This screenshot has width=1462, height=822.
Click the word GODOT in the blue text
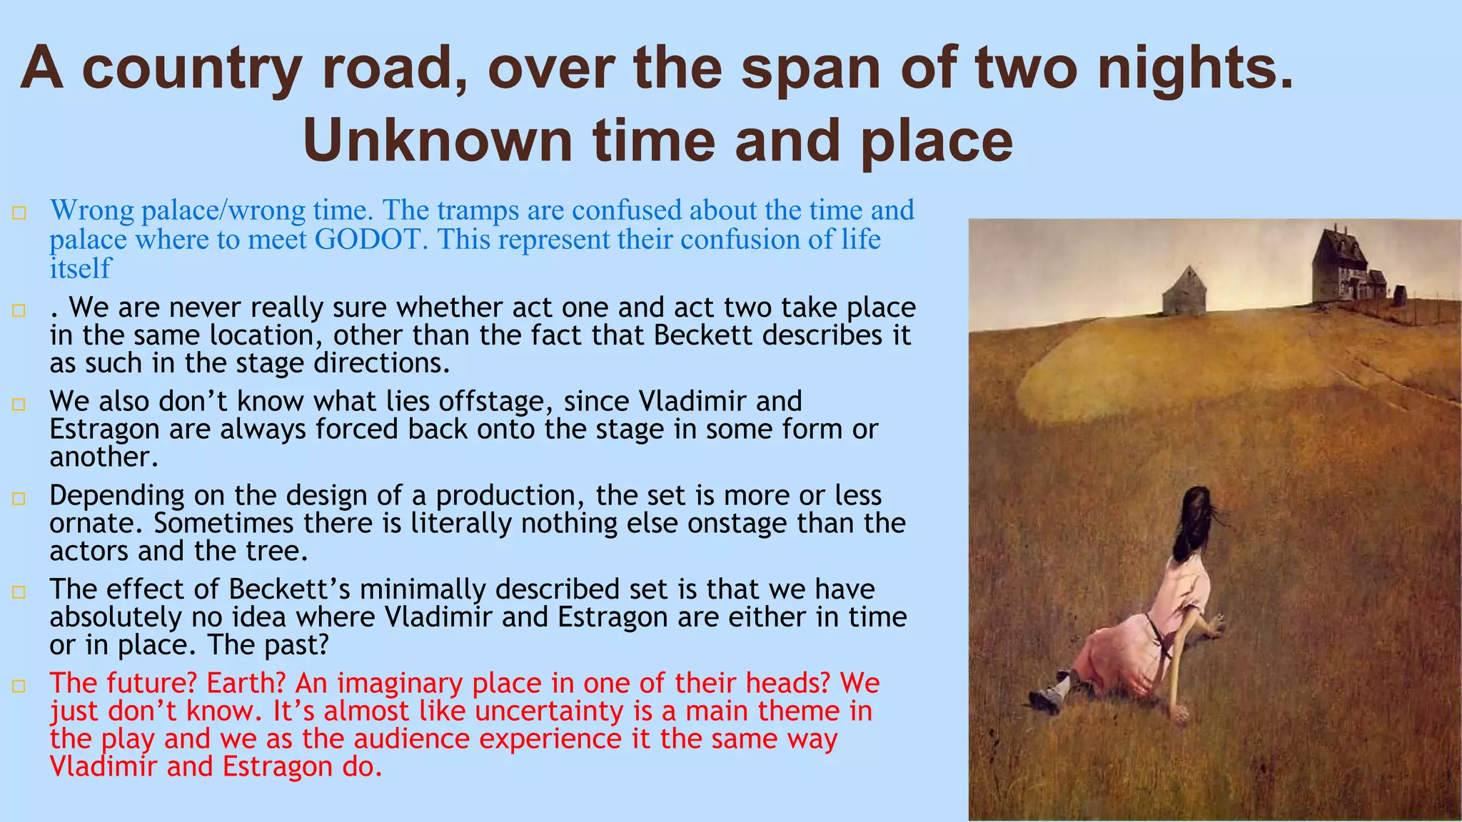370,239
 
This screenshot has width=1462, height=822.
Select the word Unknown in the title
437,141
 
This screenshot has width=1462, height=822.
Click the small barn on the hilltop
1184,292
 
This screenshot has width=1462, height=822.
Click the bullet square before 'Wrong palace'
19,213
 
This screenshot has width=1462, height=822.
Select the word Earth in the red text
246,684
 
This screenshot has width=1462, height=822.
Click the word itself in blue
80,268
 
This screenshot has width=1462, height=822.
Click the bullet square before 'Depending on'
19,498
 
